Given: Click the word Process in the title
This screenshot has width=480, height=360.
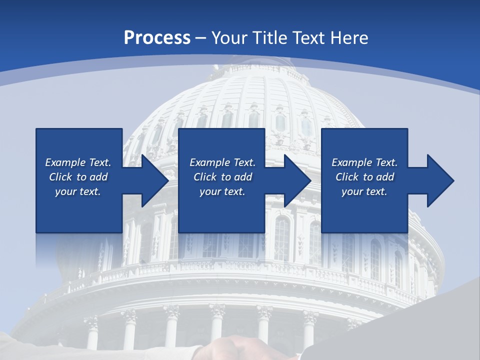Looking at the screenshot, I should [x=157, y=38].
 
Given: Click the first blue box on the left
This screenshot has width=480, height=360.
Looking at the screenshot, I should [x=78, y=210].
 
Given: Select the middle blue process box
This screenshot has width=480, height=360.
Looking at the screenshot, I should [x=221, y=210].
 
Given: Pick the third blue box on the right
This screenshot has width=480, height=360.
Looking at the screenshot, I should [x=364, y=210].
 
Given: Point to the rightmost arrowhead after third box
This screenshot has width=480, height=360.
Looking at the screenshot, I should [x=439, y=180].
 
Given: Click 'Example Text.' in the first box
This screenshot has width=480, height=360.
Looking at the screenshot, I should [x=78, y=162].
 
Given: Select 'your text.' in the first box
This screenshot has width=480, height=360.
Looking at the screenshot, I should [x=78, y=191].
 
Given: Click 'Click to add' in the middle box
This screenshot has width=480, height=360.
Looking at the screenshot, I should [x=222, y=177].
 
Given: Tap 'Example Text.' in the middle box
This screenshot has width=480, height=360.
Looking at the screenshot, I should [x=222, y=162].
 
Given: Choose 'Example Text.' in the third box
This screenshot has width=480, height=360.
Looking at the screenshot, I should [x=364, y=162].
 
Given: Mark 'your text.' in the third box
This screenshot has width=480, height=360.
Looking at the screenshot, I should [x=364, y=191].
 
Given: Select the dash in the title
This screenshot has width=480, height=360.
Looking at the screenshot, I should [x=201, y=38].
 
